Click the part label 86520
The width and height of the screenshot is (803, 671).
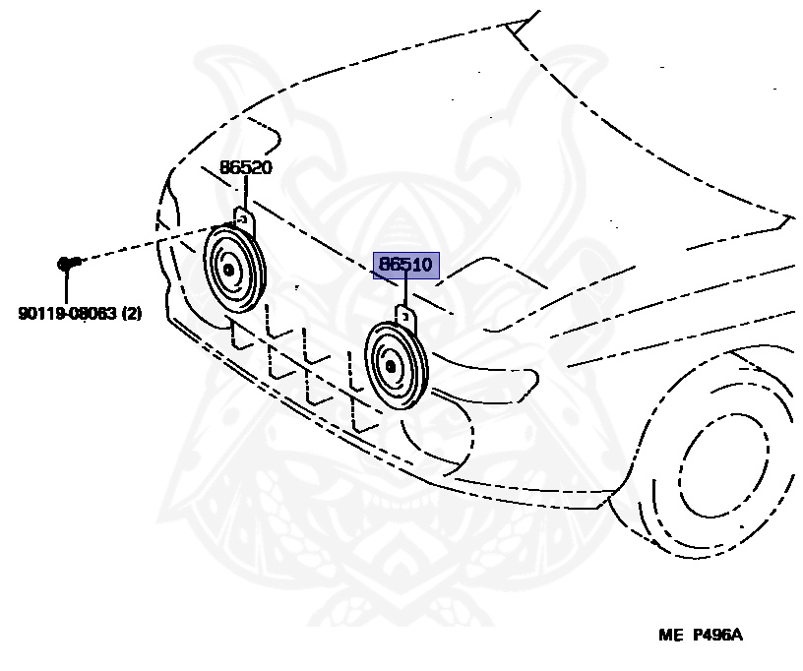(245, 168)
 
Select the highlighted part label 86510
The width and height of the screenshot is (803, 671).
(405, 265)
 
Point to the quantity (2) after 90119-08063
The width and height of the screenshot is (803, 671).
(132, 314)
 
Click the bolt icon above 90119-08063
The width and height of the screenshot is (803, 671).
(67, 262)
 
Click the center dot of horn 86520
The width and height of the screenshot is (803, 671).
(228, 270)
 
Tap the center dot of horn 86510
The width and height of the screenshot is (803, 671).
(390, 367)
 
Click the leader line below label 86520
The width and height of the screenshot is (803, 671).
(244, 192)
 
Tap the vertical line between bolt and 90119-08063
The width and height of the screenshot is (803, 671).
(66, 286)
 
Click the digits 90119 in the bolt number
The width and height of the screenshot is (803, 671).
(38, 314)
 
